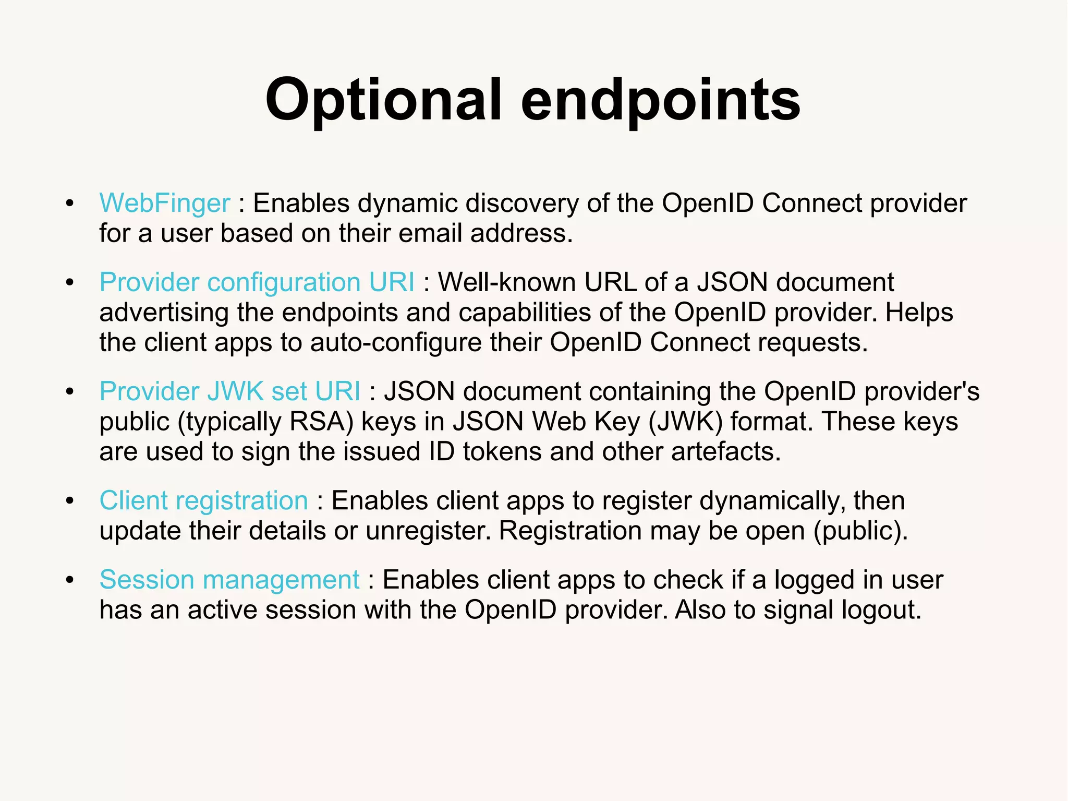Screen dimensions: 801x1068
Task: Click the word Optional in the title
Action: (x=383, y=99)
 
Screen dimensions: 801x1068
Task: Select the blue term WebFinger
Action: (x=165, y=203)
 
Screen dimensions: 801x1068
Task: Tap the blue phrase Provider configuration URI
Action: (x=257, y=282)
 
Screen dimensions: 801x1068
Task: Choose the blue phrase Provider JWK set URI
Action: (x=229, y=391)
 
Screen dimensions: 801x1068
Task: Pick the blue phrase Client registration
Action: (x=204, y=500)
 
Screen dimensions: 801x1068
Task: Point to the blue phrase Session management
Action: (x=229, y=580)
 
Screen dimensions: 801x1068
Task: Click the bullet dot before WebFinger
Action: (x=69, y=204)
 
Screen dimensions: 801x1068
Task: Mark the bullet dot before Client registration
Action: (x=69, y=501)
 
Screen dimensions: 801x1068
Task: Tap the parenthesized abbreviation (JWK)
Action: (x=686, y=422)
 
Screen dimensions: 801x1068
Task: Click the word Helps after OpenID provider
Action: (x=919, y=313)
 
